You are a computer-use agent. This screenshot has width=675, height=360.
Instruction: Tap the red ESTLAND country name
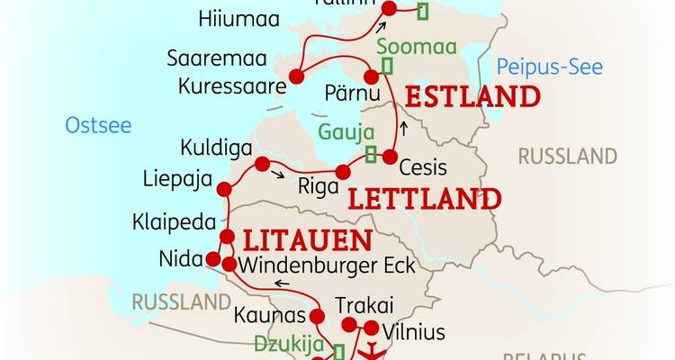[472, 97]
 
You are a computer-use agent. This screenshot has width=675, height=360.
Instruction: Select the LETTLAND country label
[423, 199]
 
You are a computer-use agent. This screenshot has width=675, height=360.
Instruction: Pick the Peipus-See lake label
[550, 67]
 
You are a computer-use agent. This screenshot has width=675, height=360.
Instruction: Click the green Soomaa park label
[417, 46]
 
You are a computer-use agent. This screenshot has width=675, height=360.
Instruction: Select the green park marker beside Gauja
[371, 154]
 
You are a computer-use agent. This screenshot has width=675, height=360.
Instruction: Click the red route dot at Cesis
[390, 157]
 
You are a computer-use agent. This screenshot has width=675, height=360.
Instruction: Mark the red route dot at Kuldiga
[262, 164]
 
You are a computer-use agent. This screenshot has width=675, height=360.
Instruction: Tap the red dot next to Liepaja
[224, 188]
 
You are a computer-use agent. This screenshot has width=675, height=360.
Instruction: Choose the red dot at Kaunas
[316, 316]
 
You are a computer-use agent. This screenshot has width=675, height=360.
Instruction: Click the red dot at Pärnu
[371, 77]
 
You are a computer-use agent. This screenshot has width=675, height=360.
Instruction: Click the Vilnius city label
[413, 332]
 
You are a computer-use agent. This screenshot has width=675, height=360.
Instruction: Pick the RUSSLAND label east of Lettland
[567, 157]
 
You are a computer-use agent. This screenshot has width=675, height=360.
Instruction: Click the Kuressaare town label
[232, 86]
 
